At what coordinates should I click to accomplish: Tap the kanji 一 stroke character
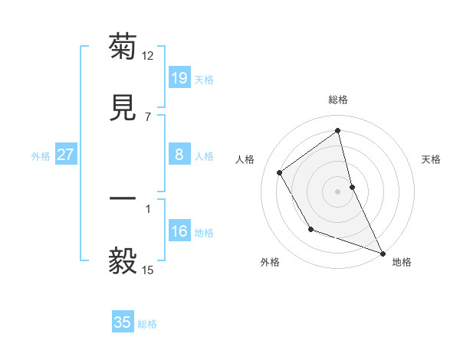123,199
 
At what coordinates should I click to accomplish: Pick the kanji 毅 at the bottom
123,261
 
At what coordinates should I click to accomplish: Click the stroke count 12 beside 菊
148,55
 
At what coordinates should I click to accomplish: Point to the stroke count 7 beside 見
147,116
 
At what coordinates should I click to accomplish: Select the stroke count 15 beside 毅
148,270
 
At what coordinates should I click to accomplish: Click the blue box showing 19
179,78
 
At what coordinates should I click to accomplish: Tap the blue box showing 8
179,155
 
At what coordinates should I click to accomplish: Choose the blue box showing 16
179,231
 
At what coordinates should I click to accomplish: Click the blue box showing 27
65,155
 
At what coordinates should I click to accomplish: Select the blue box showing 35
122,322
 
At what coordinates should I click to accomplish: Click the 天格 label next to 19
204,80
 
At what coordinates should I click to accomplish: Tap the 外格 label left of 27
41,156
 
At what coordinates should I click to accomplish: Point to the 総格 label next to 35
147,324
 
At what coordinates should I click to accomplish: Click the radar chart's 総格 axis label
338,100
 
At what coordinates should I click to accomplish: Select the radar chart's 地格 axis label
402,262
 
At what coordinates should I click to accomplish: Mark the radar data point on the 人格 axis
280,172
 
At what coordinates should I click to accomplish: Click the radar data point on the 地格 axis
383,254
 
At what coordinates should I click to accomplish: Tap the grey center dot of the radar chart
338,191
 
